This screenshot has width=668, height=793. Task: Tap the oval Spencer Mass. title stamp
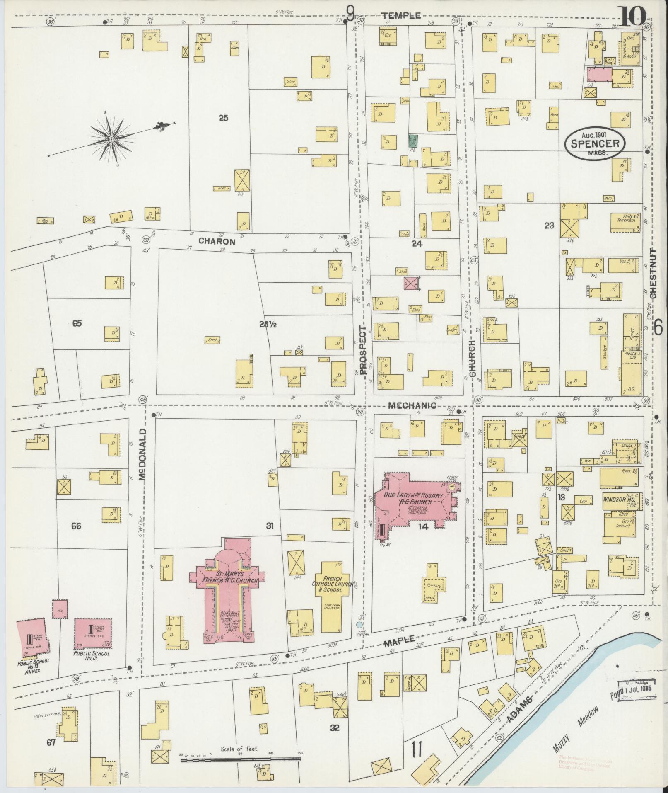tap(595, 143)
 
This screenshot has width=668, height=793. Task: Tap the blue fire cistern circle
tap(359, 624)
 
